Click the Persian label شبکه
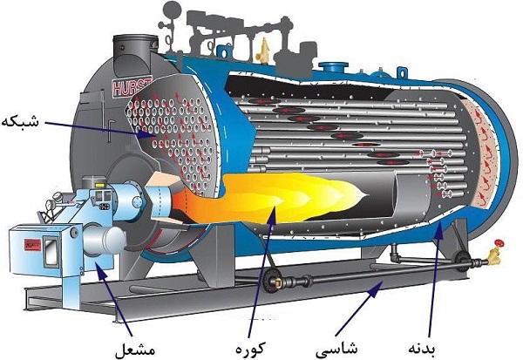point(21,122)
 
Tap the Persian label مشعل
point(135,349)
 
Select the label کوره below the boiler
point(250,349)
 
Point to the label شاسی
point(336,349)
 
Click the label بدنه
point(422,349)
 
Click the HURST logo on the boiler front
point(132,87)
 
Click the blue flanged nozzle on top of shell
point(334,66)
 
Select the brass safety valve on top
point(264,50)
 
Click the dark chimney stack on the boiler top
point(135,55)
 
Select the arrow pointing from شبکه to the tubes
point(100,130)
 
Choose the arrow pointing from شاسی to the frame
point(359,308)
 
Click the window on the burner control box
point(51,252)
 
